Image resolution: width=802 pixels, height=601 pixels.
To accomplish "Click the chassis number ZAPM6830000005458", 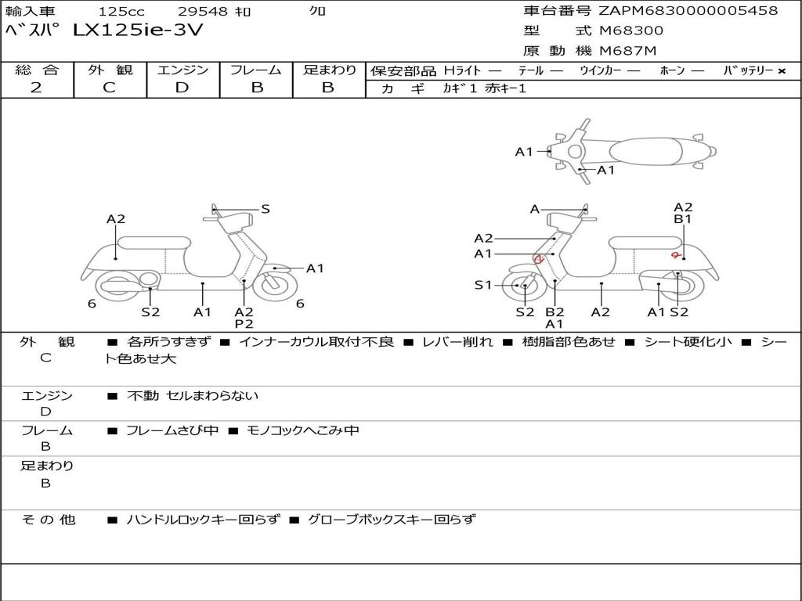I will (x=688, y=11).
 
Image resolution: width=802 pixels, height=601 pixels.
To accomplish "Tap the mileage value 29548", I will (x=203, y=12).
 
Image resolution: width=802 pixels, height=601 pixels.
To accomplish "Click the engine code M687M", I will (x=627, y=52).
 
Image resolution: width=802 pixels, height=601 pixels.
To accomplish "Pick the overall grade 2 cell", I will (x=36, y=88).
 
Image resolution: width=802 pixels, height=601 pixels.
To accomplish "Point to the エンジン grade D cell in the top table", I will (x=182, y=88).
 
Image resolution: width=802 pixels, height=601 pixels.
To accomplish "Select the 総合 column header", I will (x=37, y=70).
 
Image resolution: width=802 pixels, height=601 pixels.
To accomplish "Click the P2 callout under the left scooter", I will (x=244, y=324).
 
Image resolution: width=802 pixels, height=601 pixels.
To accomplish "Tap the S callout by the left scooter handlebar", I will (x=265, y=209).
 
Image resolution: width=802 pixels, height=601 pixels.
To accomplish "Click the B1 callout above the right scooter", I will (x=683, y=220).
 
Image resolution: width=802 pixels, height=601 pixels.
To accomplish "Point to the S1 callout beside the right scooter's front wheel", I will (x=483, y=285).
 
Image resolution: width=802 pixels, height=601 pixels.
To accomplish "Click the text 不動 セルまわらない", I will (x=193, y=396).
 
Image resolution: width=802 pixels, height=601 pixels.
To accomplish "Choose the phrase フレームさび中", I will (x=172, y=430).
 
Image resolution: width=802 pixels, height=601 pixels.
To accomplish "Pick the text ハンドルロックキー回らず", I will (x=203, y=519).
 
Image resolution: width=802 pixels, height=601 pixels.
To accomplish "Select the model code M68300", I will (x=631, y=31).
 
